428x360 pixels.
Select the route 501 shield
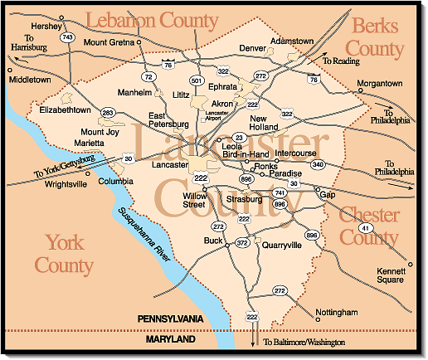(x=197, y=80)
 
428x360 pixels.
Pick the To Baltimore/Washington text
(x=304, y=342)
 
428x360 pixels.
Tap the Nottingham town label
(x=337, y=313)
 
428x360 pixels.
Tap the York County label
(x=70, y=254)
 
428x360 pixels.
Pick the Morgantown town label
(x=379, y=84)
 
